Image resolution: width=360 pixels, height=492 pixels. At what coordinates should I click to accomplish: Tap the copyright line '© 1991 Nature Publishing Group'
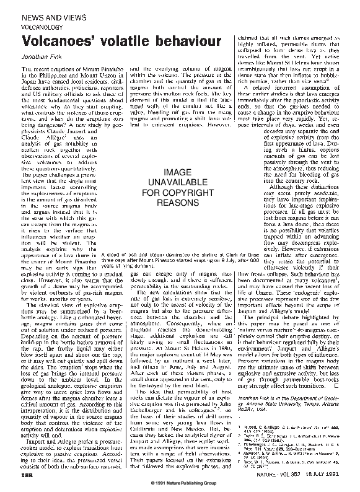[180, 484]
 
